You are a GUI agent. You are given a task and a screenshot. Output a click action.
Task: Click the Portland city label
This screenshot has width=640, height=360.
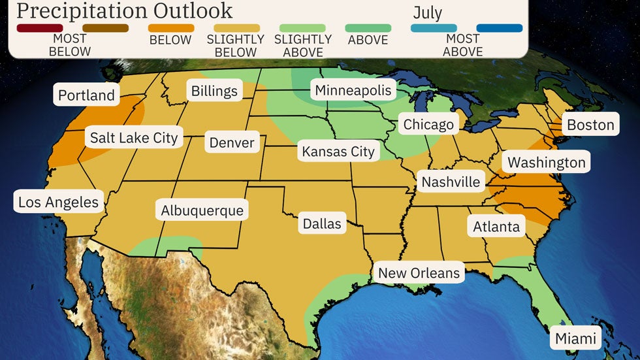click(x=86, y=95)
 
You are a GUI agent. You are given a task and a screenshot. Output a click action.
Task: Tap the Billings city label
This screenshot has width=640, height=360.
click(x=214, y=91)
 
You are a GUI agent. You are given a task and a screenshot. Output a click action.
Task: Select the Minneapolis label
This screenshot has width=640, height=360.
click(x=353, y=90)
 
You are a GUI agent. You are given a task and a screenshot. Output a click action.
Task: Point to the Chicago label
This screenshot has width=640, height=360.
click(x=428, y=124)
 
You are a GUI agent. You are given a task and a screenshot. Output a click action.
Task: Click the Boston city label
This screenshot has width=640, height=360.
click(x=590, y=125)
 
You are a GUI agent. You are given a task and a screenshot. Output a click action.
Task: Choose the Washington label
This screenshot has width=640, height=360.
click(x=547, y=162)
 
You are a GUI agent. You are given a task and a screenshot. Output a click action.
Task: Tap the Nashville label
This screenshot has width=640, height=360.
click(x=451, y=182)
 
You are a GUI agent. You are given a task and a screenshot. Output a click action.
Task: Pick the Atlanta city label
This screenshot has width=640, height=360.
click(x=497, y=227)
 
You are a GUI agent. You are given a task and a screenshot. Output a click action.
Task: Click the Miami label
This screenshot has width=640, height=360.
click(x=575, y=338)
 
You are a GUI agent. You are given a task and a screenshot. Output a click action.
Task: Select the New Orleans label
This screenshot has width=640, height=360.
click(x=419, y=272)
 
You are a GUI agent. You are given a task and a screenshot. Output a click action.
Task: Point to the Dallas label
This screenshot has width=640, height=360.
click(x=322, y=224)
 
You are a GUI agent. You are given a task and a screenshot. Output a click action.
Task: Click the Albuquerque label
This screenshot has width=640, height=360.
click(x=202, y=210)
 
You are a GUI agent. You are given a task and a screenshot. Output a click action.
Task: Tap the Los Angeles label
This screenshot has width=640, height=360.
click(x=58, y=202)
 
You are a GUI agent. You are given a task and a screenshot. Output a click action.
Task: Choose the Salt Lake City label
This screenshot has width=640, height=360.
click(x=134, y=138)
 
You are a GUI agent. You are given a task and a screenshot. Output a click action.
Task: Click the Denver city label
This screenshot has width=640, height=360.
click(x=232, y=142)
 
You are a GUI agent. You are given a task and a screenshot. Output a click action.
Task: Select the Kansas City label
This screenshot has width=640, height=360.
click(x=338, y=152)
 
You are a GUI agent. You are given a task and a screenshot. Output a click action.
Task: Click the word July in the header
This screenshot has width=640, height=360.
click(x=428, y=12)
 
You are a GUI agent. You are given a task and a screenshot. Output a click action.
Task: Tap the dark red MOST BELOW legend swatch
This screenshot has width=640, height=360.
click(x=40, y=28)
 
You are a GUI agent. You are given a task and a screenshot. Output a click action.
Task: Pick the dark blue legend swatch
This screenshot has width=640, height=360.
click(x=500, y=28)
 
